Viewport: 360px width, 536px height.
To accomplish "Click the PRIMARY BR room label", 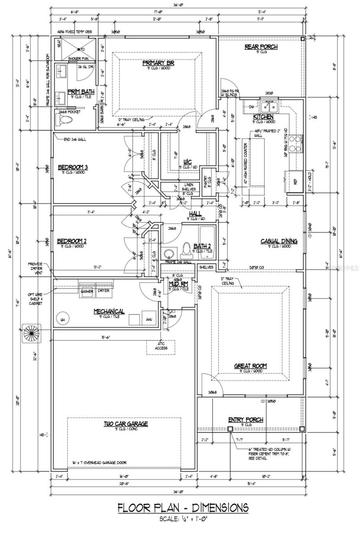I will coord(158,63).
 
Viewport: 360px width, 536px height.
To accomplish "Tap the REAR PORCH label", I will coord(261,47).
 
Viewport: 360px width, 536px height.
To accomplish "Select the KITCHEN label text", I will coord(263,117).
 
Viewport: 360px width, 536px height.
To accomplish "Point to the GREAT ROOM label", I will coord(251,366).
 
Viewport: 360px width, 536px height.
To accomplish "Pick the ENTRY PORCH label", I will coord(246,419).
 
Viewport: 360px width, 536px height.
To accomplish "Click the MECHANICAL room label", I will coord(109,311).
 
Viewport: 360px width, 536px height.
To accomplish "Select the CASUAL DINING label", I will coord(279,241).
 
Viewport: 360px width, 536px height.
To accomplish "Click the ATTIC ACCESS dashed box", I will coord(160,346).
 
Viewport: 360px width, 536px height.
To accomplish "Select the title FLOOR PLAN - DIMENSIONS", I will coord(183,508).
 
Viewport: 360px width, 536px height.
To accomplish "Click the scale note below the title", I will coord(183,519).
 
